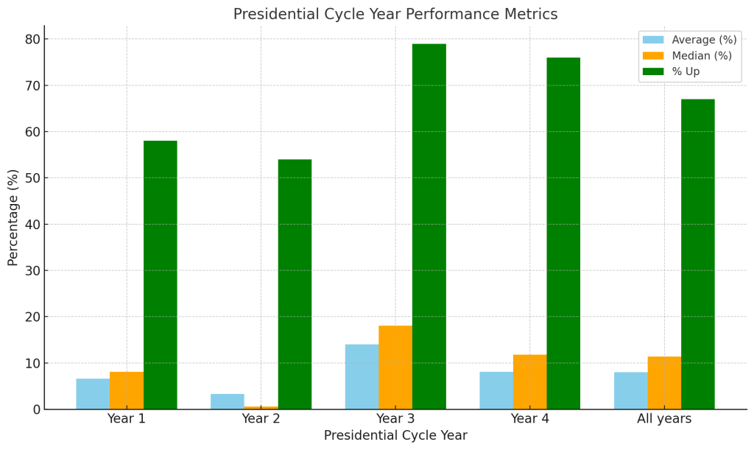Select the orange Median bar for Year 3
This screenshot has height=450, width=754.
395,368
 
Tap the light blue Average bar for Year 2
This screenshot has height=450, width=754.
228,401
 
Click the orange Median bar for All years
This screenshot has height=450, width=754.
664,383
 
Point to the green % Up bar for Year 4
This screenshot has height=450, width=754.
563,233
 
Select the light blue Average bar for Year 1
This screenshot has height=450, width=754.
93,394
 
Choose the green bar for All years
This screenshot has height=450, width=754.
697,254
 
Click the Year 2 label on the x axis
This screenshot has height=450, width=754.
261,419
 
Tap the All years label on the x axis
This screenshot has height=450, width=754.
664,419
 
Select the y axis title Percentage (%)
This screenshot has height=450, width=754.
13,217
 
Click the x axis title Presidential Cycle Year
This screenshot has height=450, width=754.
395,436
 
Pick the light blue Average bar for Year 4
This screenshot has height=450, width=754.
496,390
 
